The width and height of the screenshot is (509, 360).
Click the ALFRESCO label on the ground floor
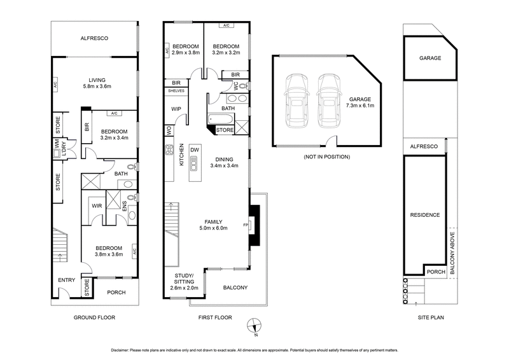coord(94,39)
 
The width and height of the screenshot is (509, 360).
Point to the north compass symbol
coord(254,324)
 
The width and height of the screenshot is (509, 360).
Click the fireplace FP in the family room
coord(246,225)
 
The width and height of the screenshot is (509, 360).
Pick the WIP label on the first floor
coord(176,109)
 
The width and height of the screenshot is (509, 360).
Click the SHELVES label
coord(176,91)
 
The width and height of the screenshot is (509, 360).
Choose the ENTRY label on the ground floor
coord(66,280)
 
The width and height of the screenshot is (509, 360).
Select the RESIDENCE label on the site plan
coord(425,215)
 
